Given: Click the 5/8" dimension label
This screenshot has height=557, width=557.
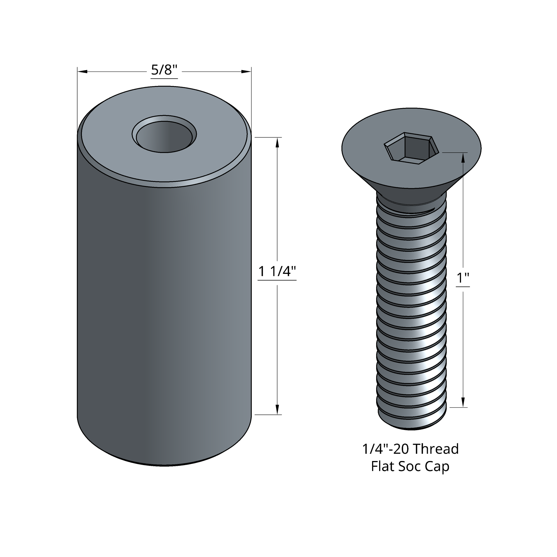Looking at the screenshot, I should point(164,70).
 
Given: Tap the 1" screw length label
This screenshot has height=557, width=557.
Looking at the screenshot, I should point(463,278).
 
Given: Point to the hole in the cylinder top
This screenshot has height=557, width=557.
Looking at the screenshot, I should point(164,136).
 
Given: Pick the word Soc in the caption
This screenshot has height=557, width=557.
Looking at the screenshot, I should point(409,466).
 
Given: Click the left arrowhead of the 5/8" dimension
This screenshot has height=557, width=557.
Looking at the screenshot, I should point(82,72).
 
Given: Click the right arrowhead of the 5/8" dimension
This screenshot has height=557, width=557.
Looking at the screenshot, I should point(246,72).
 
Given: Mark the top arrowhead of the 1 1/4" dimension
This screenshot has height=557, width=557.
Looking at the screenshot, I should point(277,143).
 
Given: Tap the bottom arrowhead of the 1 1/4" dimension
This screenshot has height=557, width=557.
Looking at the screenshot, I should point(277,410).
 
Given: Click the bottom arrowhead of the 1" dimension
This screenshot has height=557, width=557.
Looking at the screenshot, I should point(463,402).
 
